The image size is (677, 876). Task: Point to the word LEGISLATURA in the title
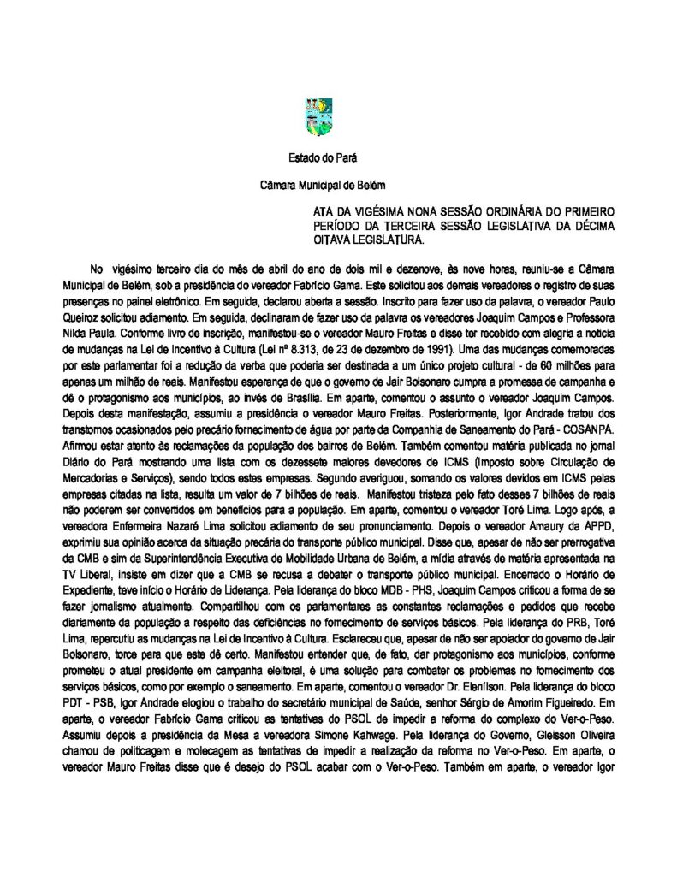(x=375, y=240)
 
